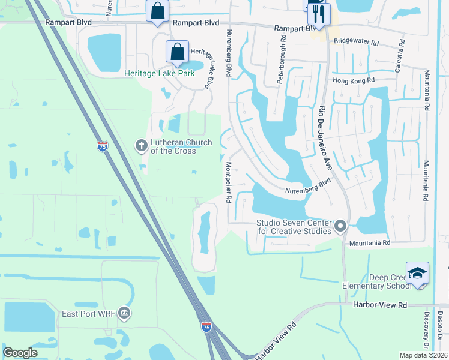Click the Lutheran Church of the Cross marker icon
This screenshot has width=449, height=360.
click(x=141, y=145)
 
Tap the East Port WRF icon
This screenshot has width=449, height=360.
click(x=124, y=312)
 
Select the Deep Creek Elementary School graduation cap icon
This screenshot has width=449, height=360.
click(x=417, y=272)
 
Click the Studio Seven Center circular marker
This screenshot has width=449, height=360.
click(x=340, y=226)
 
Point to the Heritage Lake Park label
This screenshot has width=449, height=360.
click(x=160, y=74)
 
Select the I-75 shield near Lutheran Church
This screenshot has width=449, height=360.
click(x=103, y=146)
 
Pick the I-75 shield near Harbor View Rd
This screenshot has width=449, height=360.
click(x=206, y=326)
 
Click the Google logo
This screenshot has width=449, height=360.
click(x=20, y=353)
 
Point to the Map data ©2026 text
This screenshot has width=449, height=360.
click(x=423, y=355)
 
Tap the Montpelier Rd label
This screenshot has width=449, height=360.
click(x=229, y=182)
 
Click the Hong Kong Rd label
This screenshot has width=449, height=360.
click(x=353, y=80)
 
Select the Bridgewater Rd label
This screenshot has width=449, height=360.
click(x=357, y=43)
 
